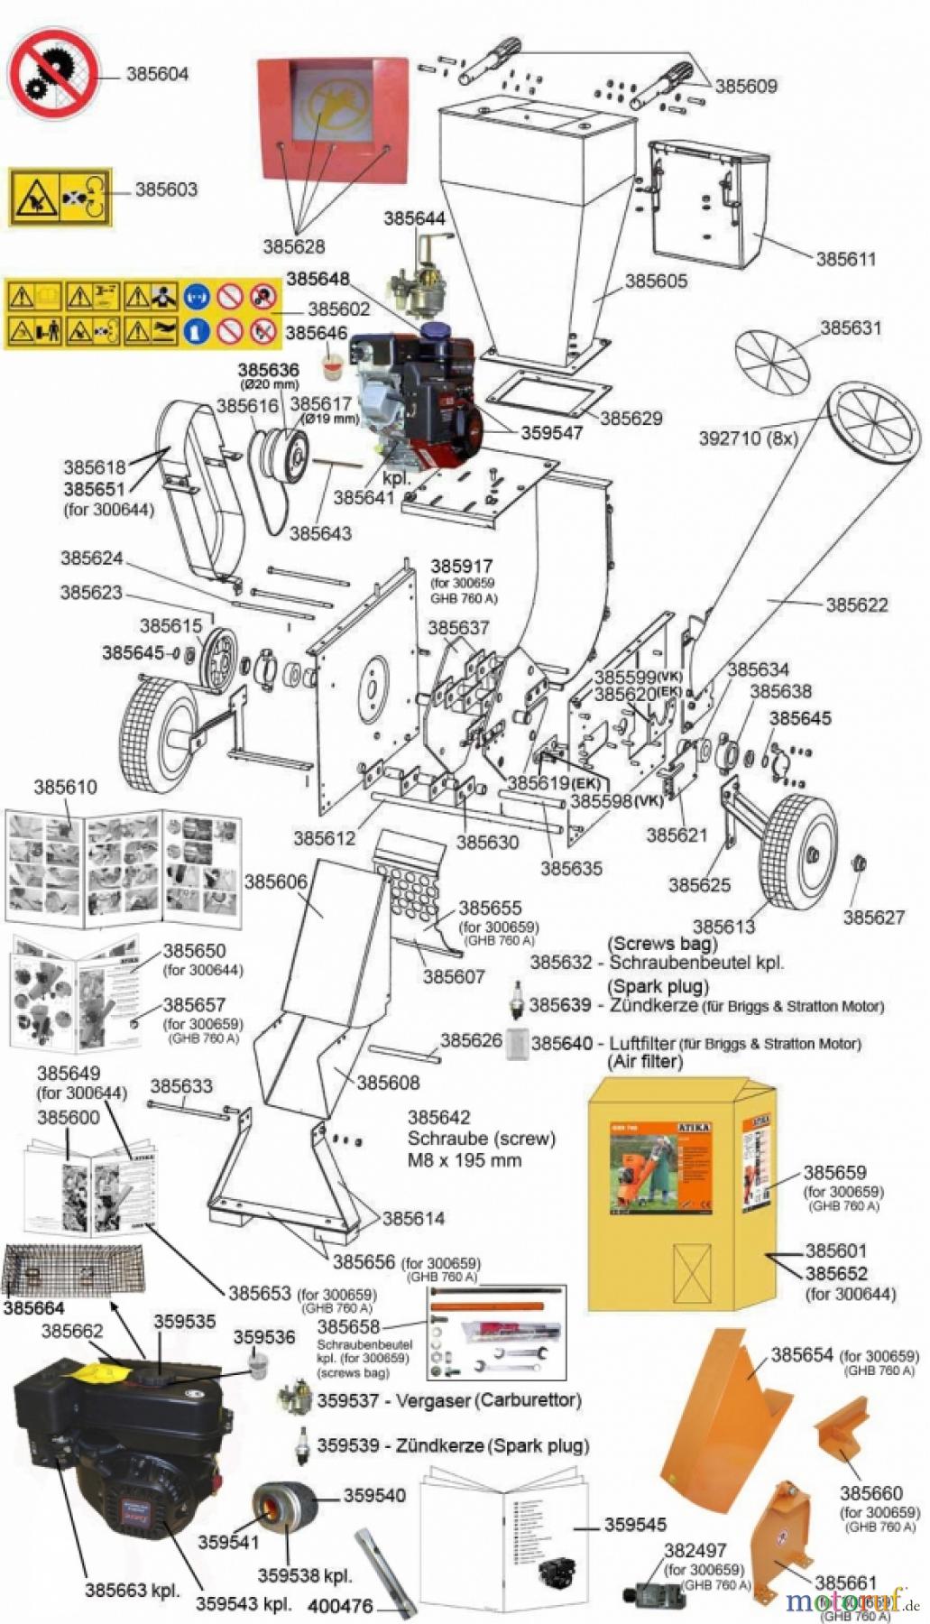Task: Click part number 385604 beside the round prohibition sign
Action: coord(157,74)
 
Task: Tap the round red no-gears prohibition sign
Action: coord(53,73)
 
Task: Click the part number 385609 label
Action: coord(745,87)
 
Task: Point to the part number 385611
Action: coord(845,259)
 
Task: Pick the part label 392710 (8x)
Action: coord(748,438)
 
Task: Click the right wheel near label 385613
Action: coord(798,847)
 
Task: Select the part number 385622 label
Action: coord(856,604)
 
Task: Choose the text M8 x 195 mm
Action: coord(464,1160)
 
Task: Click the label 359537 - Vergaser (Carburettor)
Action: coord(448,1400)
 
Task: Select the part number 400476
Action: coord(339,1606)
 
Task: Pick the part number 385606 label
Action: coord(275,881)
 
